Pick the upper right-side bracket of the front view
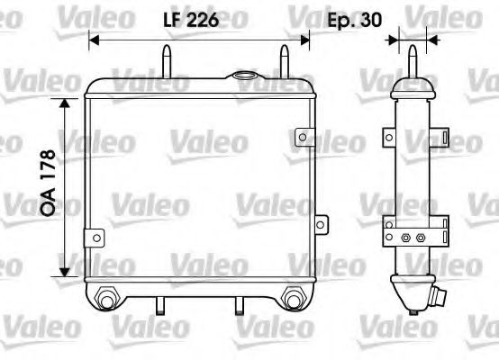click(307, 138)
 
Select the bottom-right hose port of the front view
click(292, 298)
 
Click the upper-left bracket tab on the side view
click(387, 136)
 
